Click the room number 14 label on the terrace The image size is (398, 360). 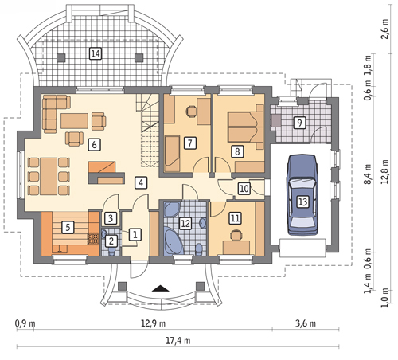[x=96, y=54]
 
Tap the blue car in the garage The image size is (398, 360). [x=302, y=195]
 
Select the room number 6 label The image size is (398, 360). [x=95, y=145]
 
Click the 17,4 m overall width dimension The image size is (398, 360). [x=178, y=341]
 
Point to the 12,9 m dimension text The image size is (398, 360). [x=153, y=323]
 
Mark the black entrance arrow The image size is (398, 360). [x=161, y=288]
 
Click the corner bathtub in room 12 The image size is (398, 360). [x=174, y=241]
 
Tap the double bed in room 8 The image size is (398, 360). [x=246, y=127]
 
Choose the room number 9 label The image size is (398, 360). [x=299, y=123]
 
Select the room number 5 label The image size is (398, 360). [x=68, y=227]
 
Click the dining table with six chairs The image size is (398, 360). [x=49, y=176]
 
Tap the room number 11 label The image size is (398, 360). [x=235, y=218]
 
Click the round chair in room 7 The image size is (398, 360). [x=192, y=112]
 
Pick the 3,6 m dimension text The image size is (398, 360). [x=306, y=323]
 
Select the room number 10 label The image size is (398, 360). [x=244, y=189]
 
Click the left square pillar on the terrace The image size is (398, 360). [x=61, y=57]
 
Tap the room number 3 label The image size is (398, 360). [x=111, y=218]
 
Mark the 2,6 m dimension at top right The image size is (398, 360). [x=384, y=29]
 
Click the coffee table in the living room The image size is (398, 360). [x=74, y=121]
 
